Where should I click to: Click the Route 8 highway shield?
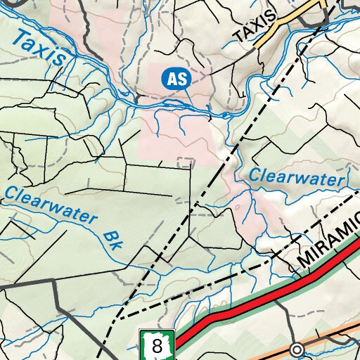[x=156, y=345]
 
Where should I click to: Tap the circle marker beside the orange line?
[x=297, y=349]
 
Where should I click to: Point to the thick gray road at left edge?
[x=28, y=283]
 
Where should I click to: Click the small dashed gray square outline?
[x=185, y=163]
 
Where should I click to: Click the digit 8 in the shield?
[x=157, y=347]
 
